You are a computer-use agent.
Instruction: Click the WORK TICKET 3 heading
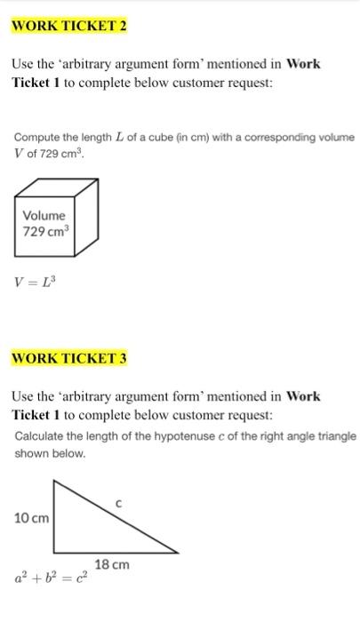point(68,358)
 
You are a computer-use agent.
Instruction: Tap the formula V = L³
point(36,283)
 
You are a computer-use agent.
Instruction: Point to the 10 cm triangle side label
point(31,517)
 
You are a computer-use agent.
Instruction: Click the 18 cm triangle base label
point(112,564)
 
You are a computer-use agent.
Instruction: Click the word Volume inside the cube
point(44,215)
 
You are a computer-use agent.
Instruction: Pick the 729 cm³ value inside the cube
point(45,233)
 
